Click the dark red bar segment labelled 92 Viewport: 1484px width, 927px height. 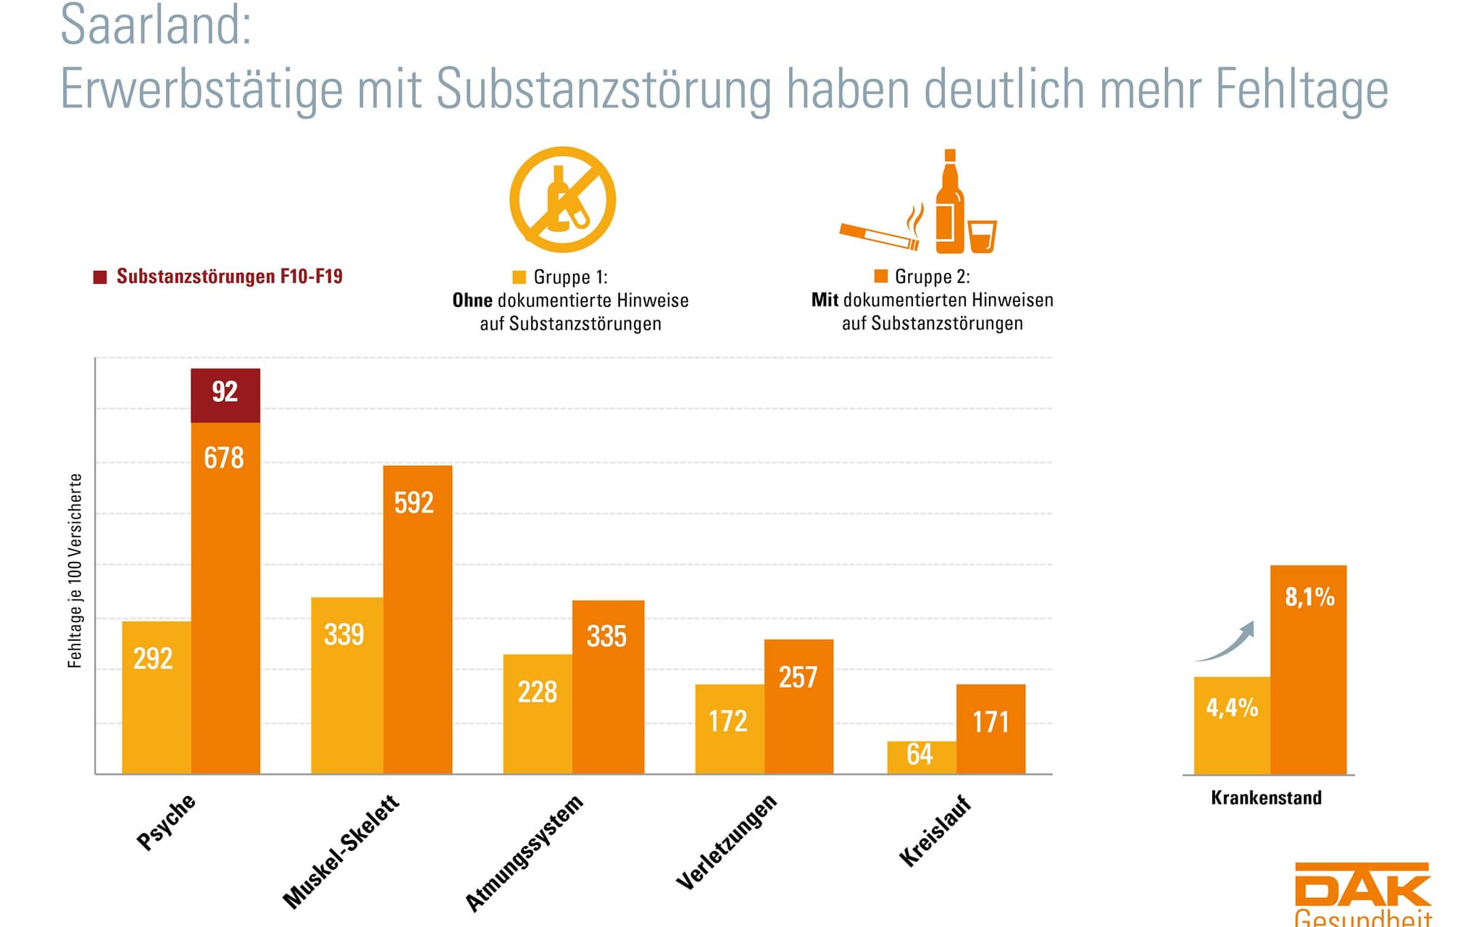[225, 395]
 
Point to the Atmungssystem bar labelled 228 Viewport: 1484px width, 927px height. [537, 713]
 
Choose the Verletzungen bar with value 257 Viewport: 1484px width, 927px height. [799, 706]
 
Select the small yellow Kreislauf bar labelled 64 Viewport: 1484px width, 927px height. [921, 757]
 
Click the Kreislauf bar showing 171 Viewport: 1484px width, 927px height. [991, 729]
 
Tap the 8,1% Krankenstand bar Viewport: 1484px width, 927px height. [1308, 669]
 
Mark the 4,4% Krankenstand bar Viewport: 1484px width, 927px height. [1231, 725]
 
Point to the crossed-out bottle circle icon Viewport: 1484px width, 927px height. [562, 199]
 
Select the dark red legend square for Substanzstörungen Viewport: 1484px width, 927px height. [100, 277]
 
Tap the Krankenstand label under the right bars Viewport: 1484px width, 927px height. [1266, 797]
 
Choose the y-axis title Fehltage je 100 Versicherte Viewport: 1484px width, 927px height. [75, 570]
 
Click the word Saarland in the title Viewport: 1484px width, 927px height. [156, 25]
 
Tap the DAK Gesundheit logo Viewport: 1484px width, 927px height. [1362, 894]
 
